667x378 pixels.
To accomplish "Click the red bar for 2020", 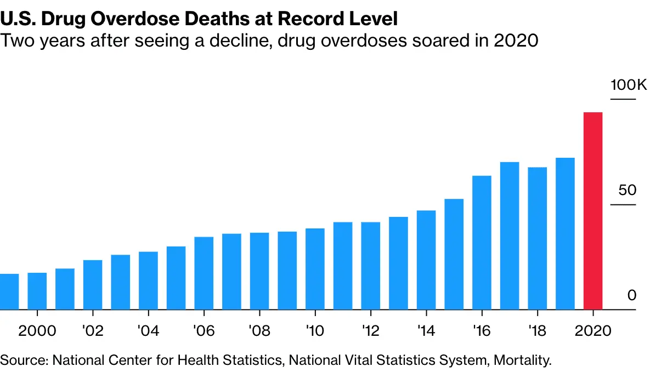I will (x=593, y=211).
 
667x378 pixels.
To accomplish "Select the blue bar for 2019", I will (x=565, y=234).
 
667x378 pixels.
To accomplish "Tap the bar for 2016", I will (x=482, y=243).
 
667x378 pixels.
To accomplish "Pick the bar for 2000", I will (x=37, y=291).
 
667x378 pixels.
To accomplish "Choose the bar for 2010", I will (x=315, y=269).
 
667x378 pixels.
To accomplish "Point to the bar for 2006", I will (x=204, y=273).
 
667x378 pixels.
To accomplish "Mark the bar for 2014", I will (x=426, y=260).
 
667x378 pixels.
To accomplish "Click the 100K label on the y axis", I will (x=629, y=85).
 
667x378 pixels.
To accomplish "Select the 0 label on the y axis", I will (x=631, y=296).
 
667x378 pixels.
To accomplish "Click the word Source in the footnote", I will (x=24, y=360).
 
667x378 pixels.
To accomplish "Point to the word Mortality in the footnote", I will (x=522, y=360).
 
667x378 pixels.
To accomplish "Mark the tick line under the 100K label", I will (x=623, y=99).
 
